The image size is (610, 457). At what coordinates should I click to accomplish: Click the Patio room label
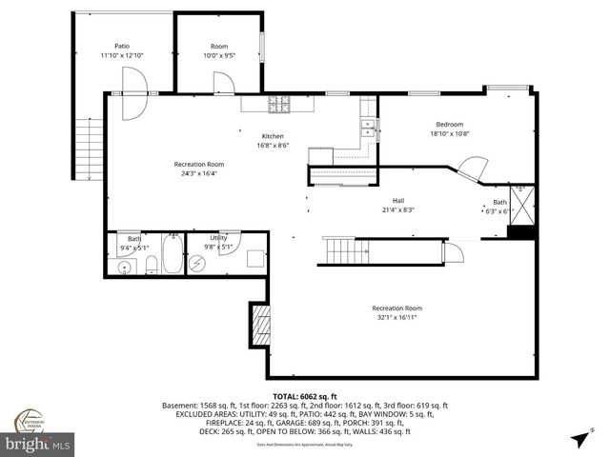(122, 45)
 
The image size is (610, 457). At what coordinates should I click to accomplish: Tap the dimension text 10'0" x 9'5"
(219, 55)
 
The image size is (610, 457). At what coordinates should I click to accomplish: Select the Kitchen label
(247, 136)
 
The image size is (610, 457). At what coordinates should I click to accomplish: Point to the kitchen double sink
(367, 129)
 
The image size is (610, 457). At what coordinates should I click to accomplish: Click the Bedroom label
(450, 124)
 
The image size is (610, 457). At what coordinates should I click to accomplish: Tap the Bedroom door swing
(469, 169)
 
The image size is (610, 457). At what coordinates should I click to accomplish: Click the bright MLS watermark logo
(38, 444)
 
